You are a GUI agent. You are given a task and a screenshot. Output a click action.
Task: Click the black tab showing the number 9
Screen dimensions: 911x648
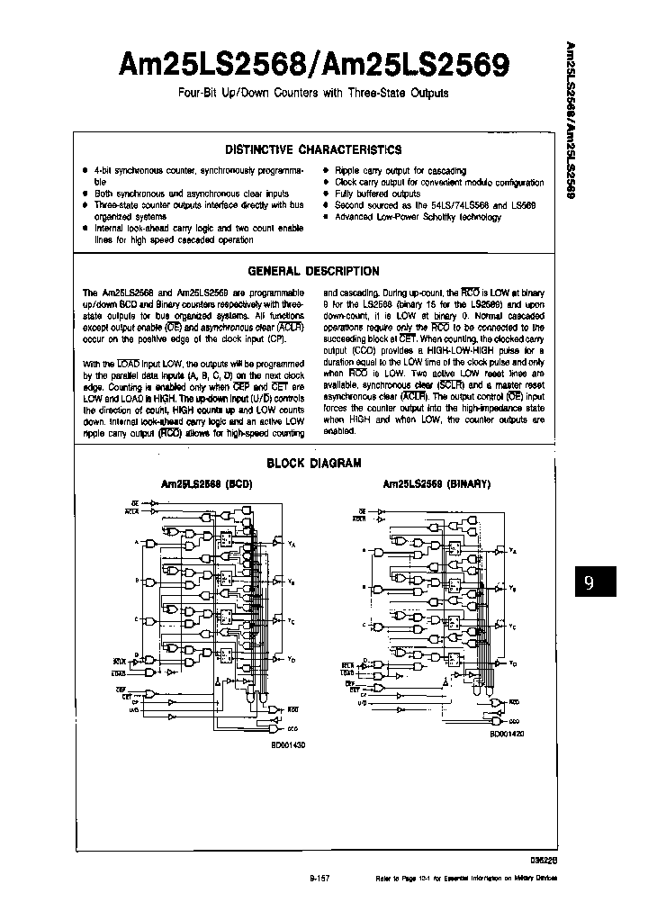pos(589,582)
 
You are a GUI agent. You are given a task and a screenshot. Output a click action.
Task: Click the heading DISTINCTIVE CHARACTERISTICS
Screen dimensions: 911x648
pos(312,150)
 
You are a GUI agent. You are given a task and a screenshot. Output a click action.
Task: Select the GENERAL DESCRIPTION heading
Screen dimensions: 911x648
pos(312,271)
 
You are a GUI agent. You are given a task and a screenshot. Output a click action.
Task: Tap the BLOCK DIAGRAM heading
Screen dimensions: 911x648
pos(313,464)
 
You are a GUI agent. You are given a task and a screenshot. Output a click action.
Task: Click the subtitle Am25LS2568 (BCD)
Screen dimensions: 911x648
pos(206,483)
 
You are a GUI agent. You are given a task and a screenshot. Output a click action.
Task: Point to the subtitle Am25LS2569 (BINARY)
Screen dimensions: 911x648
pos(436,483)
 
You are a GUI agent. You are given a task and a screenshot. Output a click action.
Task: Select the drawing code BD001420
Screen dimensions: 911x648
pos(508,735)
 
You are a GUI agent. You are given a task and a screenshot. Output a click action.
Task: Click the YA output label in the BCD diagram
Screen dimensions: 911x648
pos(292,545)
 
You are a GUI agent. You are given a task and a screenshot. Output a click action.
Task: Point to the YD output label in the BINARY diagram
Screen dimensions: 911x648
pos(513,663)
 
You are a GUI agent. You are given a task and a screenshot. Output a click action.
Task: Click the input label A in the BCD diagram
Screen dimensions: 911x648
pos(136,543)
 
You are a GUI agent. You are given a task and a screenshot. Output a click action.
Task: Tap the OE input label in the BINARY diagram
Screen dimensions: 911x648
pos(361,510)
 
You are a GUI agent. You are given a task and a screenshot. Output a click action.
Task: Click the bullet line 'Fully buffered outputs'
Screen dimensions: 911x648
pos(377,194)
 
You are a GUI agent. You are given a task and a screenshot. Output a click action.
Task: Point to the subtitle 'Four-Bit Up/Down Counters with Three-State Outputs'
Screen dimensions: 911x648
pos(312,93)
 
